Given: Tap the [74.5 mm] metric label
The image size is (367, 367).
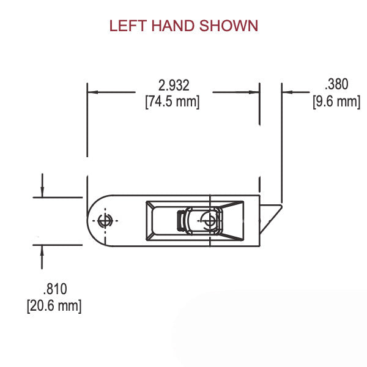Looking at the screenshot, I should coord(172,102).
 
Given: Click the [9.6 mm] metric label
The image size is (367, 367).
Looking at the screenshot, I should coord(336,102).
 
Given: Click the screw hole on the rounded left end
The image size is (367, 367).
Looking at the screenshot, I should coord(105,221).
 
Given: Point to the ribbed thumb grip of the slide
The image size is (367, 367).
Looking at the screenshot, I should coord(181,221).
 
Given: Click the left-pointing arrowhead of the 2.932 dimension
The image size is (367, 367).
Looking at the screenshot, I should coord(92,92).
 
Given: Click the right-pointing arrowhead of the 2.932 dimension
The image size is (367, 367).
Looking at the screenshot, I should coord(255,92).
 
